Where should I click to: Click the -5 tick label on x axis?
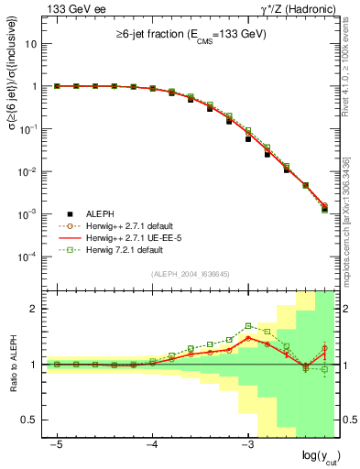click(57, 444)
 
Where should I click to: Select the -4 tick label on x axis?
click(151, 444)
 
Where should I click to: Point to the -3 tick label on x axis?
click(246, 444)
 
